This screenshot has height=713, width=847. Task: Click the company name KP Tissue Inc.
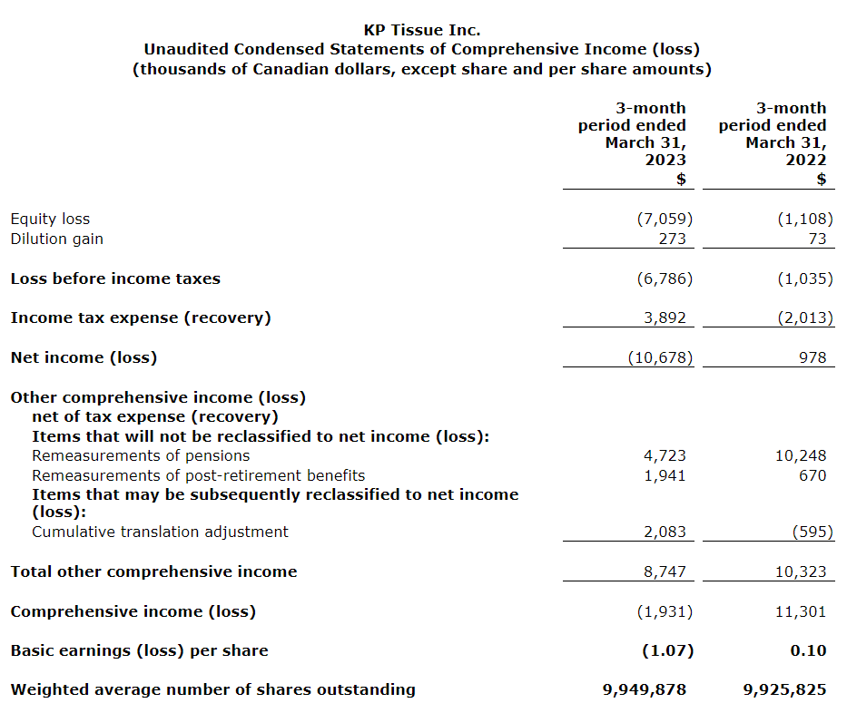tap(422, 30)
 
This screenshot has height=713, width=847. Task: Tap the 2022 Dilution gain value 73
tap(817, 239)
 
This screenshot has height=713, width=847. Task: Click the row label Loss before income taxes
tap(115, 278)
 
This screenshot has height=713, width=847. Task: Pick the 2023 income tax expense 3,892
tap(665, 317)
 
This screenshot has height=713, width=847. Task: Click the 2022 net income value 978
tap(813, 357)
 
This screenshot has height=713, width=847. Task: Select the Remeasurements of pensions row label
tap(141, 455)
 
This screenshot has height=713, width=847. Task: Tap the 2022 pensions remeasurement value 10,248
tap(801, 455)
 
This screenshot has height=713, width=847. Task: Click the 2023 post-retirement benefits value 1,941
tap(665, 475)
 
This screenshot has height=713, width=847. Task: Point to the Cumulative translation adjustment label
tap(160, 532)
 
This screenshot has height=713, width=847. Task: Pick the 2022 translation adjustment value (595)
tap(812, 532)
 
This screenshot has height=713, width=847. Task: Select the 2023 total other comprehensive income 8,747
tap(665, 571)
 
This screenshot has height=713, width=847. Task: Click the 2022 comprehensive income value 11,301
tap(801, 611)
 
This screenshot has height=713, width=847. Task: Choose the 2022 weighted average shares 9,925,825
tap(784, 689)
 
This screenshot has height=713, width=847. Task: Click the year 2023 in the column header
tap(665, 161)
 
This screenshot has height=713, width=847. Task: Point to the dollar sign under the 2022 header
tap(822, 179)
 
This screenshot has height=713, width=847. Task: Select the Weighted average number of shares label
tap(212, 689)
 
